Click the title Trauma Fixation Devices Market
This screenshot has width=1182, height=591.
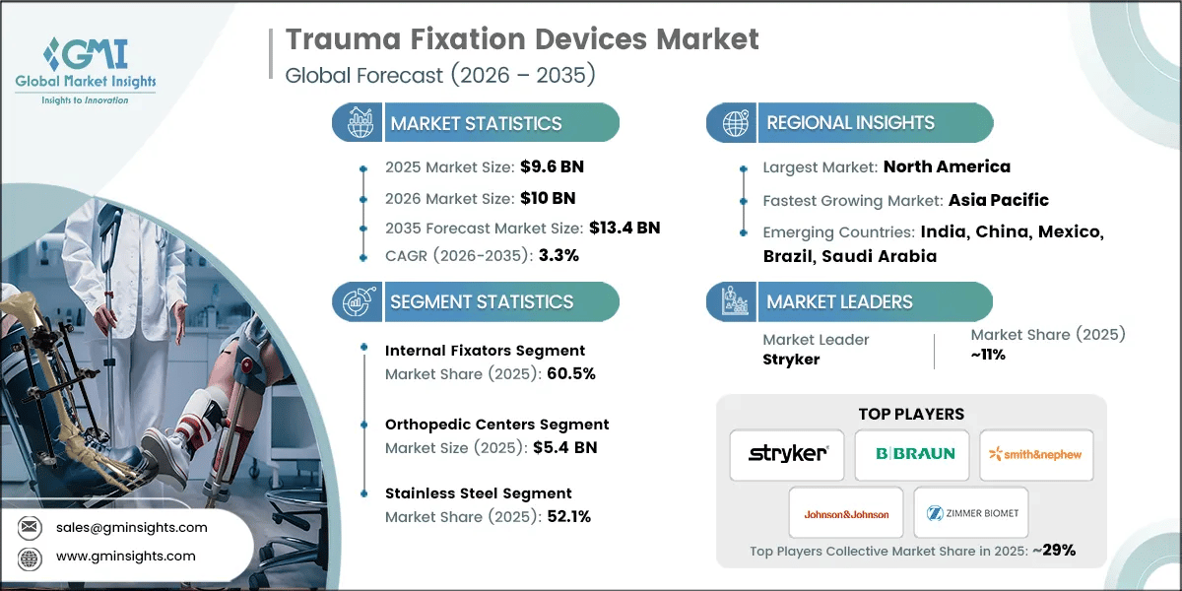(522, 40)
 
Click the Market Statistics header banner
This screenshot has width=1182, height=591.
(476, 123)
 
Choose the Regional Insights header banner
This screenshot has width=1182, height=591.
(849, 123)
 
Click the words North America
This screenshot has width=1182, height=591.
(946, 166)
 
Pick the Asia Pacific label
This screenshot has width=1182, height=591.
(998, 200)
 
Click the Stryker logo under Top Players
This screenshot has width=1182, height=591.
(787, 454)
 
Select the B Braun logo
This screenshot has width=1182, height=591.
(912, 454)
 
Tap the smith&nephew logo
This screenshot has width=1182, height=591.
(1036, 454)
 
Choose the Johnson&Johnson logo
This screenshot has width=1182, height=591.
(846, 513)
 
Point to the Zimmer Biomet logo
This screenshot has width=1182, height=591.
(971, 513)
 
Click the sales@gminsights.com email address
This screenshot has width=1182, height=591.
(132, 527)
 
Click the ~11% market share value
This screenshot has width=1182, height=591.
(988, 355)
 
